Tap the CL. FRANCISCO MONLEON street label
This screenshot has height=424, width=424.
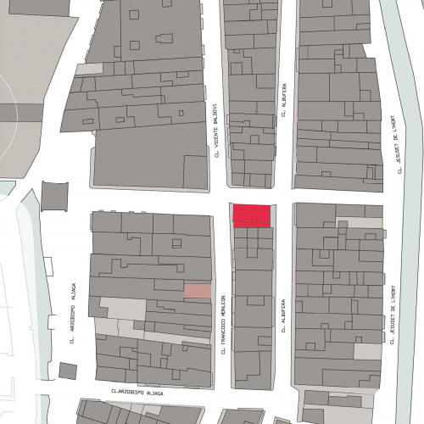coord(225,324)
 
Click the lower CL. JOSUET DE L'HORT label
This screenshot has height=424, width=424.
coord(394,315)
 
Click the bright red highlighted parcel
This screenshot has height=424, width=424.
coord(253,215)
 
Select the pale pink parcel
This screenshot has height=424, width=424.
coord(197,291)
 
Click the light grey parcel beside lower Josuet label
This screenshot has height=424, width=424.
coord(368,351)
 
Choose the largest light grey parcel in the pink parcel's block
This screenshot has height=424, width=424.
coord(122,309)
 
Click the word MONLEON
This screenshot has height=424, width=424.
coord(225,307)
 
